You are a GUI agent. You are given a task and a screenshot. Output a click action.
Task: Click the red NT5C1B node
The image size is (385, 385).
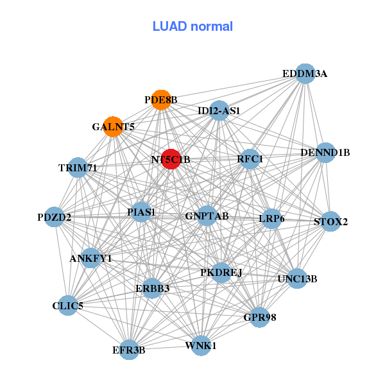(171, 159)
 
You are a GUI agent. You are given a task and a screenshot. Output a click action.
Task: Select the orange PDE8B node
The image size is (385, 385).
(161, 100)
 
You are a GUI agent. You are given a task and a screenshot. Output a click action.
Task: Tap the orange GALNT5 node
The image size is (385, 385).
(113, 126)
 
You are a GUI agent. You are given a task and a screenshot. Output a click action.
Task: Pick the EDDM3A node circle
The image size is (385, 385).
(305, 74)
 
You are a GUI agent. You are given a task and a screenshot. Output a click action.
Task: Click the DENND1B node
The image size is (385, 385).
(325, 153)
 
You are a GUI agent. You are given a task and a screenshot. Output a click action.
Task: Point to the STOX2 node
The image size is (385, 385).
(330, 221)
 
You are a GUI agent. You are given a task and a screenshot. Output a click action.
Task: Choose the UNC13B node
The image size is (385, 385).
(297, 278)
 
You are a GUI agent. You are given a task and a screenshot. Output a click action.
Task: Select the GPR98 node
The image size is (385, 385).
(259, 317)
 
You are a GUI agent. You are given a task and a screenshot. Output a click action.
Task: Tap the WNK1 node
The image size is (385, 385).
(201, 345)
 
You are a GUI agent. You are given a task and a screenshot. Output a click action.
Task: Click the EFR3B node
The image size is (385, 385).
(129, 350)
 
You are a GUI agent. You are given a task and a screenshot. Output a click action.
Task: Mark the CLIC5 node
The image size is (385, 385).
(68, 305)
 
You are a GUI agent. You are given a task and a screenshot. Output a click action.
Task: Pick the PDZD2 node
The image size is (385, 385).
(55, 217)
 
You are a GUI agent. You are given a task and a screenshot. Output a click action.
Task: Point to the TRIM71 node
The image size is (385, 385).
(78, 167)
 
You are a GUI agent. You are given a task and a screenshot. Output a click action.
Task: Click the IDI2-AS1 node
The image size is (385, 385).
(219, 110)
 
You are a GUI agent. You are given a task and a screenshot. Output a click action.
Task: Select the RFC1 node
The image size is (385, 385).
(250, 159)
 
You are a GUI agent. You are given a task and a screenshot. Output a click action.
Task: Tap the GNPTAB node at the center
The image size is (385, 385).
(207, 216)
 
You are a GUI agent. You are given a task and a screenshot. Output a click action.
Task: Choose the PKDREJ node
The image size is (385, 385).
(221, 273)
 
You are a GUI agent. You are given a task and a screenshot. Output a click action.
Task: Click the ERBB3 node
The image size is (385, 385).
(153, 288)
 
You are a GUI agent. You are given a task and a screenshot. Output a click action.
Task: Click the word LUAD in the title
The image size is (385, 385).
(169, 26)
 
